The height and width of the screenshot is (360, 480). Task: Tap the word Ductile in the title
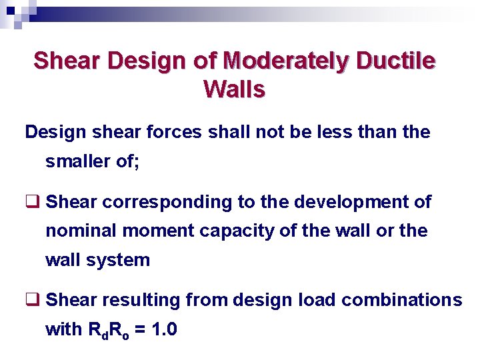[x=397, y=61]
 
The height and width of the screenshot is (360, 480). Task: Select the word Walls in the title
[x=235, y=89]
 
